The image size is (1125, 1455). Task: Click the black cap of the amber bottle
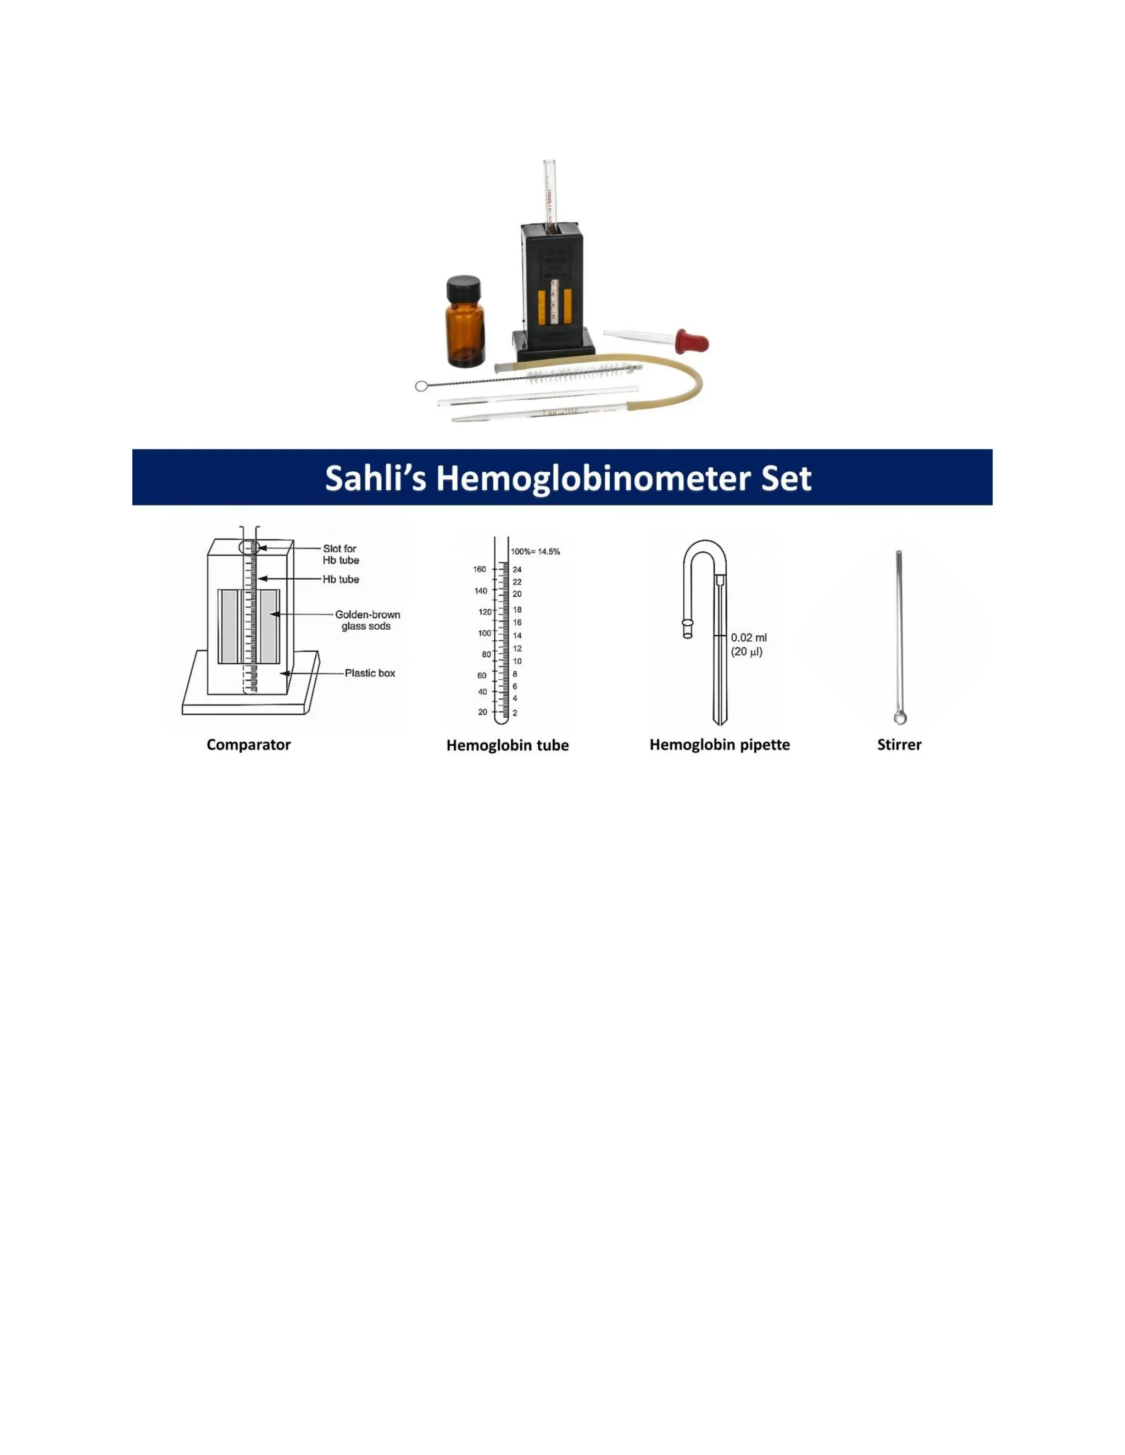coord(463,288)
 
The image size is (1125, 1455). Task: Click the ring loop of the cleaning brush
coord(421,386)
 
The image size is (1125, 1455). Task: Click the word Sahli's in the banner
coord(375,478)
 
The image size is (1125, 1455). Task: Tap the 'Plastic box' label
coord(370,673)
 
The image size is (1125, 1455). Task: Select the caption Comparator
coord(249,745)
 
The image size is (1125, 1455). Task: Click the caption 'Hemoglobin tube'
coord(507,746)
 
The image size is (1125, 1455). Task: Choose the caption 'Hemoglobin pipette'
coord(720,745)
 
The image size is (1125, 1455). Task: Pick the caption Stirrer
coord(899,745)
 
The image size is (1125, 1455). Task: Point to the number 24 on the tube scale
coord(517,569)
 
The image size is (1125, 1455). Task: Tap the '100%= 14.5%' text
coord(535,552)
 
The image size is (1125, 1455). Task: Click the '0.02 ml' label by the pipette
coord(749,637)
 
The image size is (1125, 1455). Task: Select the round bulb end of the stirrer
coord(900,718)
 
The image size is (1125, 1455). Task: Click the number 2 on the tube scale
coord(515,713)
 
